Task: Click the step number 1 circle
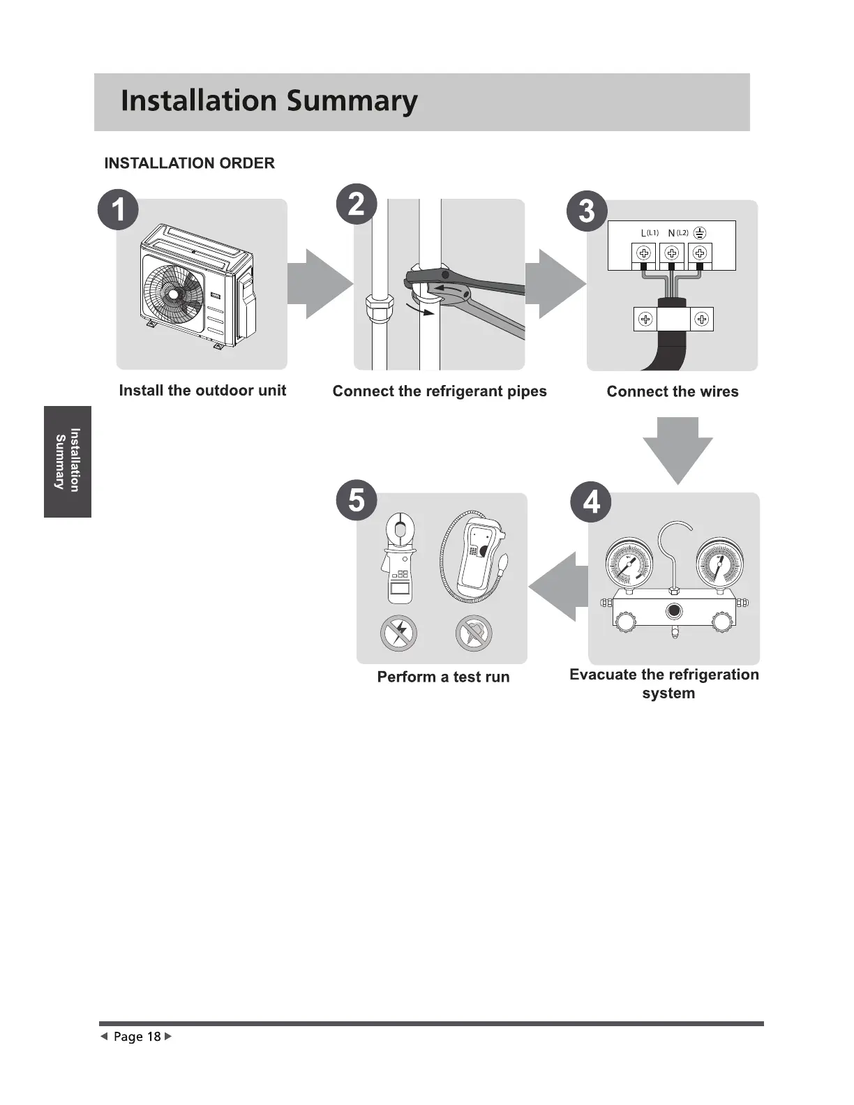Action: pos(118,209)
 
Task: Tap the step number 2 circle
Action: pos(356,204)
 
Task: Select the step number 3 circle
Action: pos(587,210)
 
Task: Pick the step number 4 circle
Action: pos(591,502)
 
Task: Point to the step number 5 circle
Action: pos(356,499)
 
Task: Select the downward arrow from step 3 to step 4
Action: pos(677,449)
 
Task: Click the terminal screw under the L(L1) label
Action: pos(644,253)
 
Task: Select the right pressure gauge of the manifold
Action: pos(719,562)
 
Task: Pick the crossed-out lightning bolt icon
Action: pos(398,634)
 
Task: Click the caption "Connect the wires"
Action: pos(672,391)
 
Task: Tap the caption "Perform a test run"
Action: pos(443,677)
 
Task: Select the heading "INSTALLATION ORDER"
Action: pos(189,163)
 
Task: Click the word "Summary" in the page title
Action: pos(352,101)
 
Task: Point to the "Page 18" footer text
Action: pos(137,1037)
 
